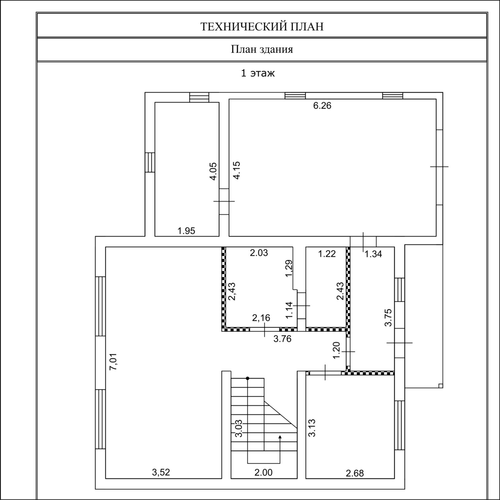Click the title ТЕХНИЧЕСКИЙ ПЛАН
[262, 27]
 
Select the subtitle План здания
[262, 50]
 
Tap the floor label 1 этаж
[258, 73]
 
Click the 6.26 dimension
[322, 106]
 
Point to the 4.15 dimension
[237, 170]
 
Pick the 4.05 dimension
[213, 171]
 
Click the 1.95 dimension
[186, 231]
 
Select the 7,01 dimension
[113, 362]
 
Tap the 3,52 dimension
[161, 472]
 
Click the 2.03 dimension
[259, 253]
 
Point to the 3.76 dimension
[282, 339]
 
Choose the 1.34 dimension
[373, 254]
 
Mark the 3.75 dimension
[388, 318]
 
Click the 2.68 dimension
[355, 473]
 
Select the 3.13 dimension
[312, 428]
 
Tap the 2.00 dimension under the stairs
[263, 472]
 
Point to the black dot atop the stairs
[247, 378]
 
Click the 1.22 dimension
[327, 254]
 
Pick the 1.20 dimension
[336, 350]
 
